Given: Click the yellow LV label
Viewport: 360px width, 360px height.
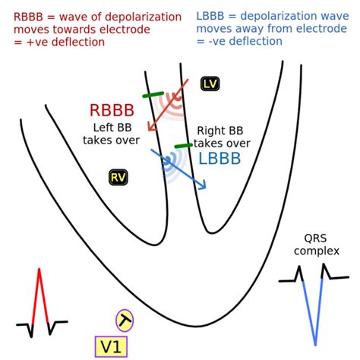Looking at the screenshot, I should pos(210,84).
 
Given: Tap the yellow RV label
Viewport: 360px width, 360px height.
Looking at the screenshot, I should pos(118,177).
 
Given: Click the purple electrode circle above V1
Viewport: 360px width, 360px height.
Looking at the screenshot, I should pos(125,321).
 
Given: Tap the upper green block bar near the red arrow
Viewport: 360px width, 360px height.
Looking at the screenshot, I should pos(153,94).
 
